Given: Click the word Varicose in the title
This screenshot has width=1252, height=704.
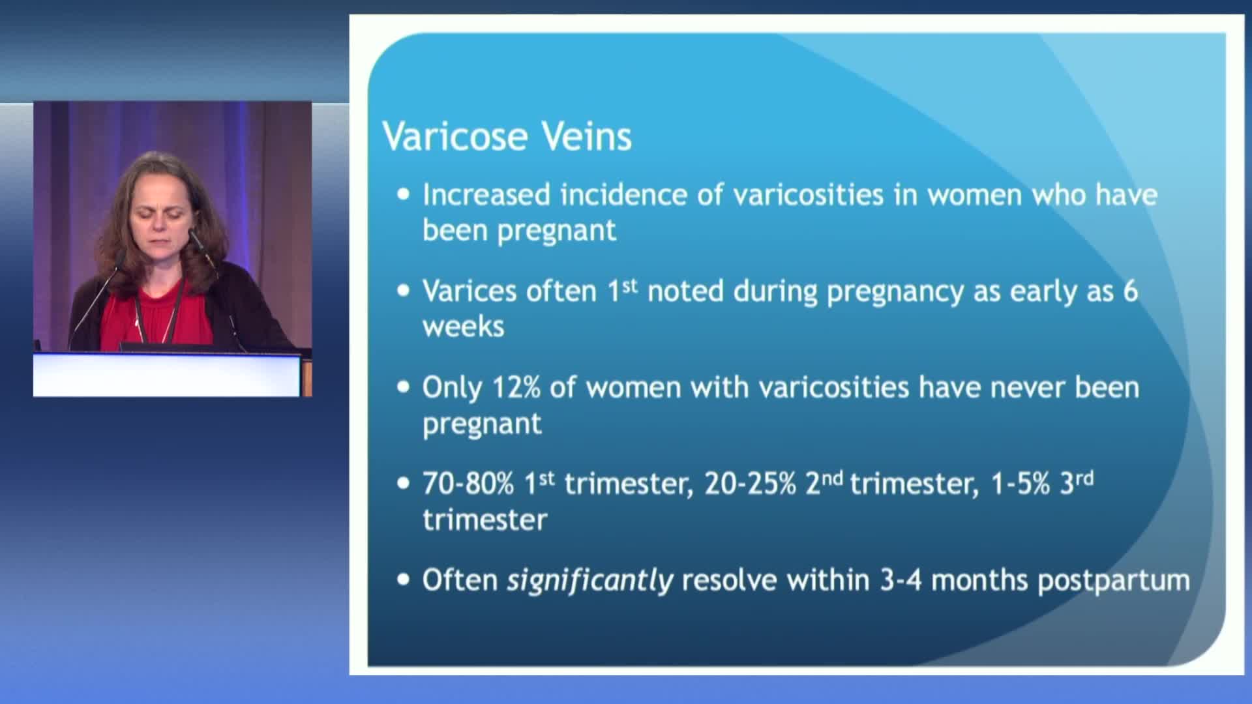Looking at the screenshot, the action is click(455, 136).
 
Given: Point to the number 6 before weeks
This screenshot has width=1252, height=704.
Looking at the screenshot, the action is click(1130, 291).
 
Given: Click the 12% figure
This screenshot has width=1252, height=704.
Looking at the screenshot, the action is click(516, 387).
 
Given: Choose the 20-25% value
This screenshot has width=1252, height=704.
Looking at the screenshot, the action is click(751, 484).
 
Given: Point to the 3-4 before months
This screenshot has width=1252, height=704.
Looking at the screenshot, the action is click(901, 580).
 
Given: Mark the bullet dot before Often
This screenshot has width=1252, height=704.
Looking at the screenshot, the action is click(404, 579).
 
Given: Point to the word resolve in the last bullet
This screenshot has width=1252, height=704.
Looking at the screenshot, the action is click(730, 580).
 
